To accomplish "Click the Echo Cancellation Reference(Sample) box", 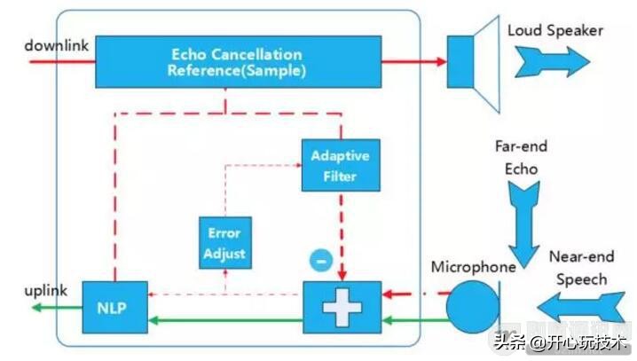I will [x=236, y=62].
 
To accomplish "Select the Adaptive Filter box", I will [x=340, y=164].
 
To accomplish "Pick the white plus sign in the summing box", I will [x=342, y=307].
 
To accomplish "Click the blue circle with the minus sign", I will [x=321, y=261].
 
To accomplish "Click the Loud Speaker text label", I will [x=554, y=31].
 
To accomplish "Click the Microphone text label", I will [x=473, y=267].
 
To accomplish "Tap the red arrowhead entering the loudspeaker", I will [x=439, y=61].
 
